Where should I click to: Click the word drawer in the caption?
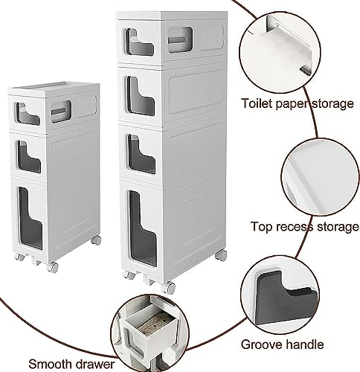point(95,364)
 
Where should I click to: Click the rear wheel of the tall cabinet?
point(221,255)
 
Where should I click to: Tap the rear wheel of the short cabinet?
point(96,240)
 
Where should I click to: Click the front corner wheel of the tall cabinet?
point(168,288)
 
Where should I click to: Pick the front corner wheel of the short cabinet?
point(53,267)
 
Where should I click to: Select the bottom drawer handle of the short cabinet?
point(30,218)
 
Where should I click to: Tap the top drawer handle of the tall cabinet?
point(139,42)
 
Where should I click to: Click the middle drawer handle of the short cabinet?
point(29,157)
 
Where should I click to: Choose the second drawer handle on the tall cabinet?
point(141,96)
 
